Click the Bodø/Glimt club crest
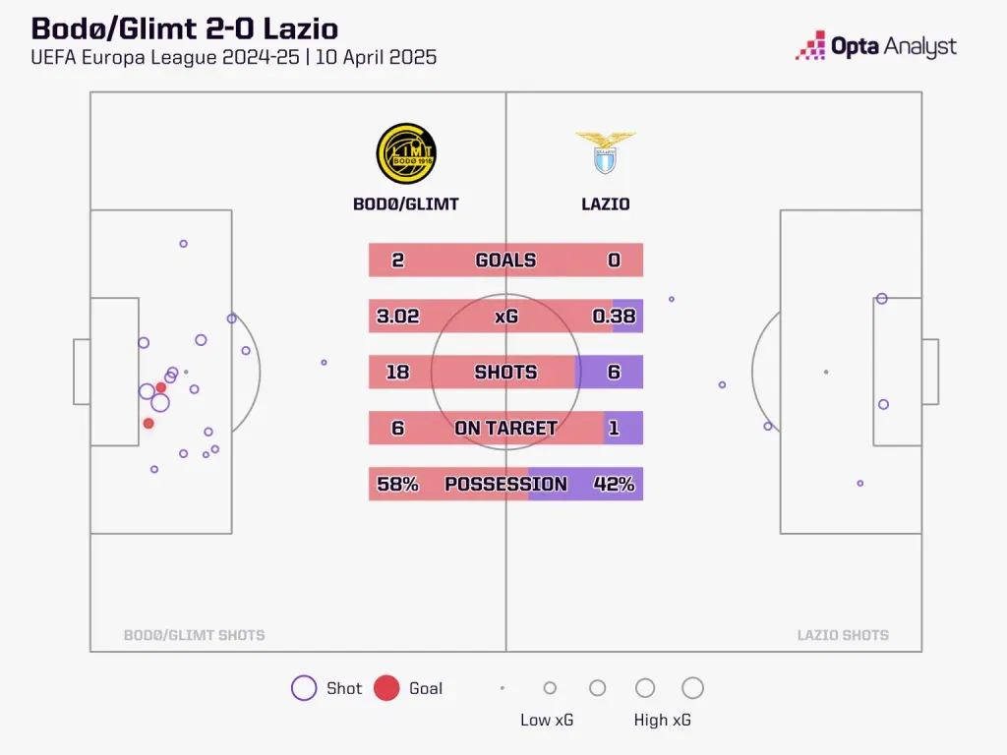coord(406,153)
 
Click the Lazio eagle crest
coord(606,152)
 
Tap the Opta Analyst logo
coord(876,46)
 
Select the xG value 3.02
coord(397,317)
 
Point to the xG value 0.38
coord(614,317)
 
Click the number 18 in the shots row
coord(396,373)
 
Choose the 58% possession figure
coord(397,484)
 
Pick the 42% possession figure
coord(614,484)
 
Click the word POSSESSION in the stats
coord(505,484)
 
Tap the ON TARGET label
coord(505,429)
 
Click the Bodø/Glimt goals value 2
coord(397,261)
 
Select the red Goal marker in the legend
coord(386,688)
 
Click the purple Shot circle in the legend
coord(304,688)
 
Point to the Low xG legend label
coord(547,720)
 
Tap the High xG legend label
coord(663,720)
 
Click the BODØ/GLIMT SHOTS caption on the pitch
coord(194,635)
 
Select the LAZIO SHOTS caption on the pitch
coord(843,635)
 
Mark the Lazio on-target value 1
coord(615,429)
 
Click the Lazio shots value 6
coord(615,373)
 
